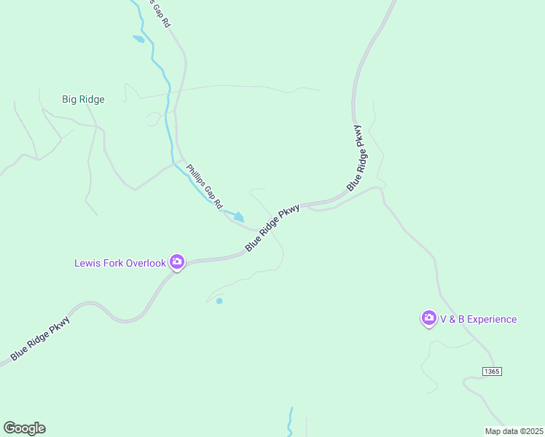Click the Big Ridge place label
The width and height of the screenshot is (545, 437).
click(x=83, y=99)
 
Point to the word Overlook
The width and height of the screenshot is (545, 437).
click(x=146, y=263)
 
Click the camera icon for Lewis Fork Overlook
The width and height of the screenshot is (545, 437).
click(x=176, y=261)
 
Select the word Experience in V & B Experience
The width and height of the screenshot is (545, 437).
click(x=492, y=319)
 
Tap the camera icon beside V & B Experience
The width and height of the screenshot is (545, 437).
click(x=428, y=318)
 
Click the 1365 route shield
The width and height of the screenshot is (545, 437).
click(x=492, y=371)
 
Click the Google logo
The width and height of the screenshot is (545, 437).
click(x=24, y=428)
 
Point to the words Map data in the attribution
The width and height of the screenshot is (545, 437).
click(x=502, y=431)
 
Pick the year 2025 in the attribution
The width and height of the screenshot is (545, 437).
click(x=532, y=431)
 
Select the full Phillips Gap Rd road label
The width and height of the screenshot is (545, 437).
click(x=203, y=186)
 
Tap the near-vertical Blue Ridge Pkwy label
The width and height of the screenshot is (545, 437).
click(x=358, y=158)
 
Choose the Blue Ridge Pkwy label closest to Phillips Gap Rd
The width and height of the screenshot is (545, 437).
click(x=272, y=228)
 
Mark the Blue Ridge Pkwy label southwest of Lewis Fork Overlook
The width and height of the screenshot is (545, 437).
click(x=40, y=338)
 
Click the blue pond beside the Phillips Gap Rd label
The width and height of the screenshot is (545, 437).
click(x=235, y=216)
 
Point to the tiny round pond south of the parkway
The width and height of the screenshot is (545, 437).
click(x=219, y=301)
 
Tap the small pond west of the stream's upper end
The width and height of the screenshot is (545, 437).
click(x=138, y=39)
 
